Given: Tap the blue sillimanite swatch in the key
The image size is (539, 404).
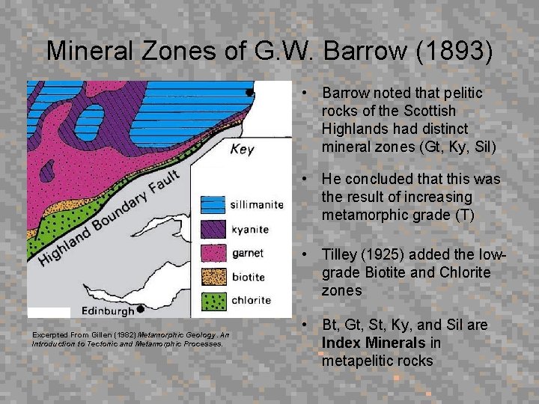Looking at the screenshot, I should [x=213, y=203].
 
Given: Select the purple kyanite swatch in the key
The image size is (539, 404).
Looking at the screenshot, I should [x=213, y=227].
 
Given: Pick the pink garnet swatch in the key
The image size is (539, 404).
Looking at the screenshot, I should [x=213, y=252].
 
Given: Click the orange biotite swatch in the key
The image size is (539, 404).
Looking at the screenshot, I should [x=213, y=276].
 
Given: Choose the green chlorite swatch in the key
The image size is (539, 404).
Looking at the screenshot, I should [x=213, y=300].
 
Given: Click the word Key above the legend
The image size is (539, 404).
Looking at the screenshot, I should [x=242, y=149].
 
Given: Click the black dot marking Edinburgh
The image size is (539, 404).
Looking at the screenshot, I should [x=140, y=308].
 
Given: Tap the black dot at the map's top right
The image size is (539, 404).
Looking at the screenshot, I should [x=250, y=93].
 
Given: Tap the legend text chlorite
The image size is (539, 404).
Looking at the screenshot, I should [x=251, y=300].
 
